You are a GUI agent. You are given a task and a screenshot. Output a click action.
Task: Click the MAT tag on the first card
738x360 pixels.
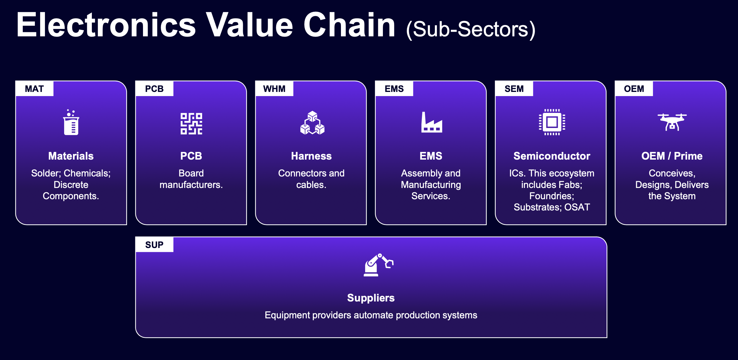[34, 89]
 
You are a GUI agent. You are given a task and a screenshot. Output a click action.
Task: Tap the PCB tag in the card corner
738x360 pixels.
[154, 89]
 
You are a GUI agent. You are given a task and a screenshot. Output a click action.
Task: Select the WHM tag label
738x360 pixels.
[274, 89]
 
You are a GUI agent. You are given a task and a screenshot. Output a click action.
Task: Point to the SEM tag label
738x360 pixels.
[514, 89]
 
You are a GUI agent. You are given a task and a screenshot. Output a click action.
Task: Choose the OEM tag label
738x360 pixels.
[634, 89]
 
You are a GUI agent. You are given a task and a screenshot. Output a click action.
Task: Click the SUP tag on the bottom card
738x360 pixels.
[154, 245]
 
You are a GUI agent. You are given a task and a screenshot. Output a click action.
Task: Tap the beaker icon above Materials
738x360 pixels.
[71, 122]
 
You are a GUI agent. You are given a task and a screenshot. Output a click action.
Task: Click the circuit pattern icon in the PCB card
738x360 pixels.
[191, 124]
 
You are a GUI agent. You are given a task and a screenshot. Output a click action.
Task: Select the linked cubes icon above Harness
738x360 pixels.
[312, 123]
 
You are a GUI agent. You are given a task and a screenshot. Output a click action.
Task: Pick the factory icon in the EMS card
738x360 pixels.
[432, 122]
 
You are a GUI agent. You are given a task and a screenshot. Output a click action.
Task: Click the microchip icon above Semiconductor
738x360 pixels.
[552, 122]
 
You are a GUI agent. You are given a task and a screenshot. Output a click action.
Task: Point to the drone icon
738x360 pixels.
[672, 122]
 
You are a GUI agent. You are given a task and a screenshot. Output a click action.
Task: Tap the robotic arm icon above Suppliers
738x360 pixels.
[378, 265]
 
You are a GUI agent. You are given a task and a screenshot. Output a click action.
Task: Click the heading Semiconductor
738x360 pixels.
[552, 156]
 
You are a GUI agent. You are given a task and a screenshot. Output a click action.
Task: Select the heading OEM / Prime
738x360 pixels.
[672, 156]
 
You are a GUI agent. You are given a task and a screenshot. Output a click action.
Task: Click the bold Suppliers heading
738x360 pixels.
[371, 298]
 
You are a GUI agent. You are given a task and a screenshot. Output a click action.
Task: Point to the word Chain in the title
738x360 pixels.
[350, 25]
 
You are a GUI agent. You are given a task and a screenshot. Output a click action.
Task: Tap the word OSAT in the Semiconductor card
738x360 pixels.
[577, 207]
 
